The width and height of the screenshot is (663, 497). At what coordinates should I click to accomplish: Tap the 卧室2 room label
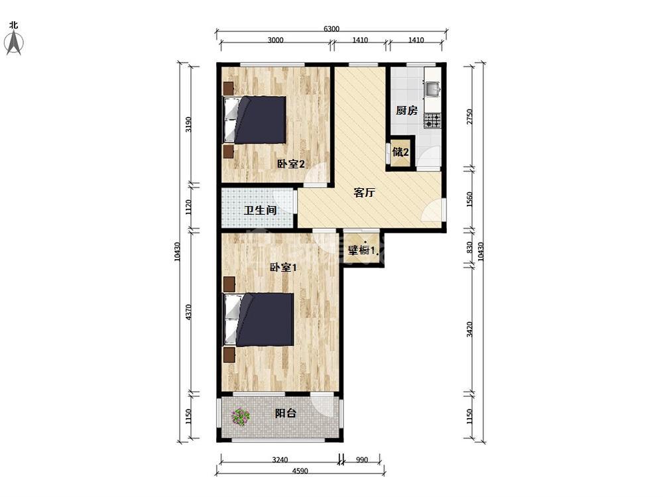(290, 164)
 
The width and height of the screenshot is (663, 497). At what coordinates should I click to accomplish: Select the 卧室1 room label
(283, 268)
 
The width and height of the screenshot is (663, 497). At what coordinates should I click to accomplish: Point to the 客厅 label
(364, 193)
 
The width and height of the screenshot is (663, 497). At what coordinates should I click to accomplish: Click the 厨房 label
(406, 110)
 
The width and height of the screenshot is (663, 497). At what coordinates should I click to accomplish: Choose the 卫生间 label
(260, 210)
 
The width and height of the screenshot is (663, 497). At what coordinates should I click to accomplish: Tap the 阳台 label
(285, 413)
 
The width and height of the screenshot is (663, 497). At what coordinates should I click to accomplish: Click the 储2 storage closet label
(400, 152)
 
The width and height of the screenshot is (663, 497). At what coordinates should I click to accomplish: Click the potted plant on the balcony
(241, 417)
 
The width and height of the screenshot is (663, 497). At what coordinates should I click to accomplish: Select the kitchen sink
(432, 89)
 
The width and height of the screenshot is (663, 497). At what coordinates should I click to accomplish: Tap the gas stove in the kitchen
(432, 121)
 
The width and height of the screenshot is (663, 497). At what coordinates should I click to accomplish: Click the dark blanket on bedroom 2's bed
(261, 120)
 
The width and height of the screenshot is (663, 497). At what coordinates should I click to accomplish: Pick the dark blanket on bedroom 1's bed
(266, 320)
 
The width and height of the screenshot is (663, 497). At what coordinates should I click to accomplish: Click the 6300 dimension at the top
(331, 28)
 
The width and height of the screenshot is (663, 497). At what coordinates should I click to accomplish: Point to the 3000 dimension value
(275, 40)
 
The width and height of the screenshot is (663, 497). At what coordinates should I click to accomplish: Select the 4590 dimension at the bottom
(300, 470)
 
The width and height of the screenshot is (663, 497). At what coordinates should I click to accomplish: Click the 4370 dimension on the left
(188, 312)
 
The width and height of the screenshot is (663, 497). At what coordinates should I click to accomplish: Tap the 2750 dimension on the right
(469, 117)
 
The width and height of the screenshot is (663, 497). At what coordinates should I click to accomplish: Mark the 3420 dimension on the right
(469, 329)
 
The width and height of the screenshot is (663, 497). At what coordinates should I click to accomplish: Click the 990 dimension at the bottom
(362, 460)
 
